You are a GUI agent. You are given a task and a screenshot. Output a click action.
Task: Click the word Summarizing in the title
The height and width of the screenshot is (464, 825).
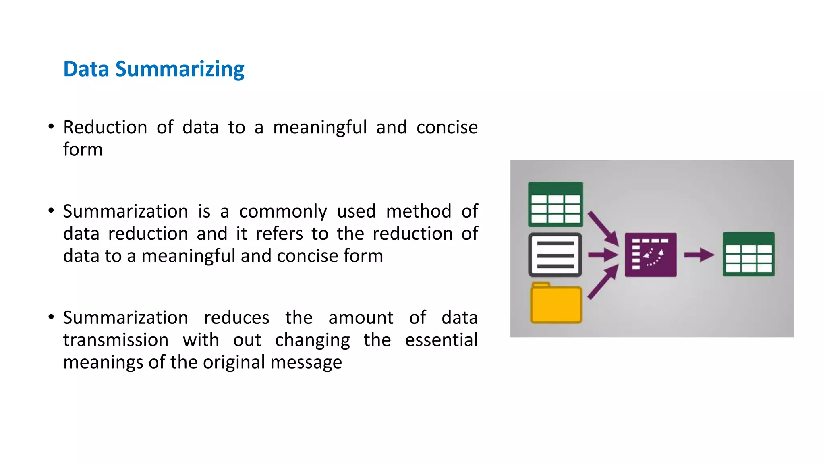click(180, 69)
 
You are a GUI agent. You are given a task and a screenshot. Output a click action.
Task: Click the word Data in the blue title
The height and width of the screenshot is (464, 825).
click(86, 69)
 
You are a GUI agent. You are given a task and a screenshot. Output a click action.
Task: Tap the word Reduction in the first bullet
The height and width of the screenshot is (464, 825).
click(105, 128)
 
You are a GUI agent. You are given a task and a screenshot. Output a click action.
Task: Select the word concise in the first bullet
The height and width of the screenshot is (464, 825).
click(447, 128)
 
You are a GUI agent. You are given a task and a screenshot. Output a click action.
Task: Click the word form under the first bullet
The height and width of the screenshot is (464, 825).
click(83, 150)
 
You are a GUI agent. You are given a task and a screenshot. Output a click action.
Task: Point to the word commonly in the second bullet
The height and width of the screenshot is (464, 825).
click(283, 212)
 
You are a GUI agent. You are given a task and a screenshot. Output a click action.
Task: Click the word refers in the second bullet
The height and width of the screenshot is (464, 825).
click(279, 234)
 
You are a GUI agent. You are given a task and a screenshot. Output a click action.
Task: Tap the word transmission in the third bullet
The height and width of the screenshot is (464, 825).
click(116, 340)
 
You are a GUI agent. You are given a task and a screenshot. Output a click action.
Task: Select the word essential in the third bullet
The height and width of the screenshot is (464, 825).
click(441, 340)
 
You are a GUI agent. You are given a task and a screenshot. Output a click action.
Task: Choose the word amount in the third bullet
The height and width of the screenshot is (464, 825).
click(361, 318)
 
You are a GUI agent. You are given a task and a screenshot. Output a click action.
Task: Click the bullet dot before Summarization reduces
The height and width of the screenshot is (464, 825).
click(51, 317)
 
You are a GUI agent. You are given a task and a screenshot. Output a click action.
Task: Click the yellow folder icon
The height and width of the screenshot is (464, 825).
click(556, 303)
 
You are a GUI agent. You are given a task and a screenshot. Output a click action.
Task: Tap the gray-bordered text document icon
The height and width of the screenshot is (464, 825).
click(555, 255)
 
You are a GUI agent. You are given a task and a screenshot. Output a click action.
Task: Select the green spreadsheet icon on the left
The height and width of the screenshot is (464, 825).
click(556, 204)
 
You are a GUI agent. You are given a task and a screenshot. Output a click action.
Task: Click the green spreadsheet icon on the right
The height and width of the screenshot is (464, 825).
click(748, 254)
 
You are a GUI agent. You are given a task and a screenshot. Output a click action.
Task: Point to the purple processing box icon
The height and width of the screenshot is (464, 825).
click(651, 255)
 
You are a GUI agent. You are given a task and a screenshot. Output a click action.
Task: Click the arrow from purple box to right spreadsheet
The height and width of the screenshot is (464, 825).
click(699, 255)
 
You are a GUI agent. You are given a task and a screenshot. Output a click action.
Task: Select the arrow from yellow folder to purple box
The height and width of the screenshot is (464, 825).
click(603, 282)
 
